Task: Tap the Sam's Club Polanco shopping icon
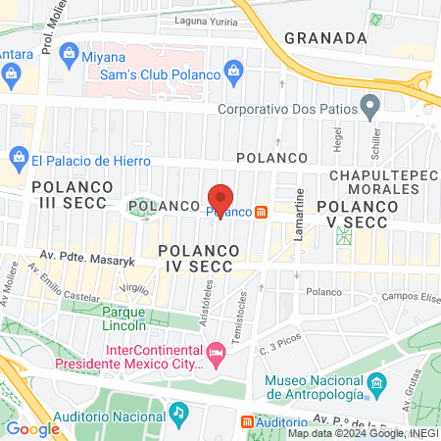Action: [x=234, y=70]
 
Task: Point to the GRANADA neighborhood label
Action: [x=325, y=38]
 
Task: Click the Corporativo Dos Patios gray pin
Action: [x=369, y=105]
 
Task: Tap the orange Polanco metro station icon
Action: [x=262, y=212]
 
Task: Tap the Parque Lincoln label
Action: [x=130, y=318]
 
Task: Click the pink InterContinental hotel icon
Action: [x=215, y=351]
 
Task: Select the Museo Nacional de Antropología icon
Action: [x=372, y=380]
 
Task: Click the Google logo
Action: [x=32, y=428]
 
